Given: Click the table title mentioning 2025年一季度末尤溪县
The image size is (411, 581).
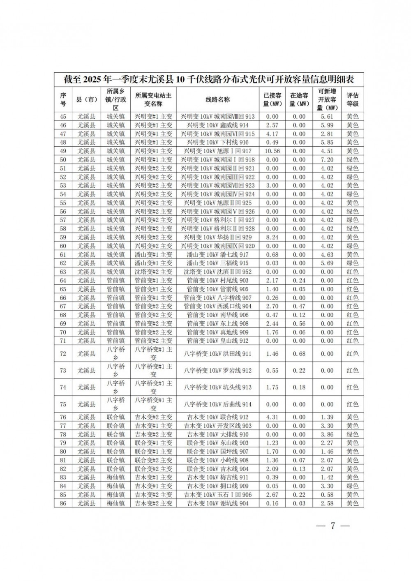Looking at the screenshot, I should coord(209,79).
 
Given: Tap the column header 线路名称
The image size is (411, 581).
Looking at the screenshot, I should coord(217,99).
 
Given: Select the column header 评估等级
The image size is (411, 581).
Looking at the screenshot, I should coord(352,99).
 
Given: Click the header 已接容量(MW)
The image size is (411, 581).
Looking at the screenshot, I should coord(272,99).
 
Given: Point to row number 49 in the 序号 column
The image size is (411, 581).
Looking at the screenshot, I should coord(63,151).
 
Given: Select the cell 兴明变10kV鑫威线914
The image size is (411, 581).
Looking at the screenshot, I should coord(217,125).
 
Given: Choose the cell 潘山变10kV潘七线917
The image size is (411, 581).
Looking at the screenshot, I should coord(217,255).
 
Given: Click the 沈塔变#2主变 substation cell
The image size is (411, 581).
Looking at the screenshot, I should coord(153,272).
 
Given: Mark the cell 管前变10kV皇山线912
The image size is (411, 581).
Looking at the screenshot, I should coord(217,341).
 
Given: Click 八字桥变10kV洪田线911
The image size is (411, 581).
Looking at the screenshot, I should coord(217,354).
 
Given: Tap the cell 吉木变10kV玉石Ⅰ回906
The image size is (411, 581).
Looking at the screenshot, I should coord(217,495).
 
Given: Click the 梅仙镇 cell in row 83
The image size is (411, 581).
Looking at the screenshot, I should coord(115,477).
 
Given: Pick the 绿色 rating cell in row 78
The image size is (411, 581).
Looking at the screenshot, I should coord(352,434).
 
